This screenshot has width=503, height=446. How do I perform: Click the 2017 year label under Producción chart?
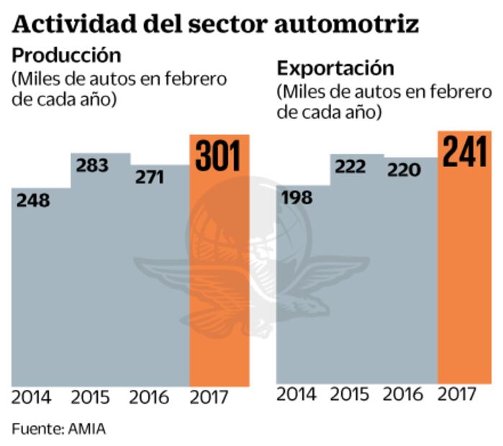(209, 397)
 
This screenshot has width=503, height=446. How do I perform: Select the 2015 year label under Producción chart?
(90, 397)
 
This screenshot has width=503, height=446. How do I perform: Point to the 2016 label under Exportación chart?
(403, 394)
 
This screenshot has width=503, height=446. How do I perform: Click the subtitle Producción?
(67, 55)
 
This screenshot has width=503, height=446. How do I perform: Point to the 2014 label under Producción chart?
(32, 397)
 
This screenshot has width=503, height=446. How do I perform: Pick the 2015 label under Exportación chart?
(350, 394)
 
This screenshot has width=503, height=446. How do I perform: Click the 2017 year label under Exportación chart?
(458, 394)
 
